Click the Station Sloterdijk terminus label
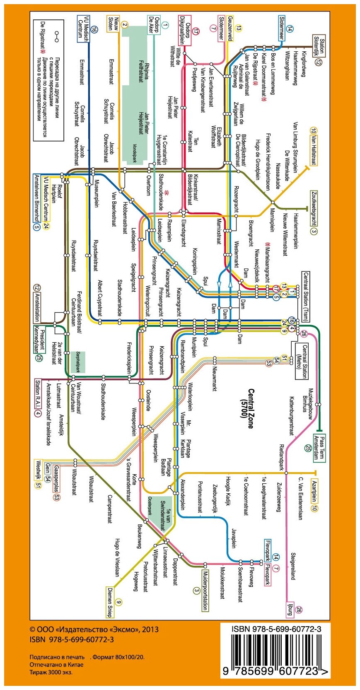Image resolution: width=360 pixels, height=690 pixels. [x=319, y=45]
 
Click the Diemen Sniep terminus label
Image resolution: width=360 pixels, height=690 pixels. [x=110, y=603]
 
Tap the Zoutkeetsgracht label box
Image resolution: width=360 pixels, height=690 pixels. [x=314, y=208]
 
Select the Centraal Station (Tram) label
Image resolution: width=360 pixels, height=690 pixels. [x=305, y=297]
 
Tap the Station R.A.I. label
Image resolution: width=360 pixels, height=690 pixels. [x=38, y=392]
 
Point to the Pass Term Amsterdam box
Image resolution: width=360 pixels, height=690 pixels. [x=319, y=447]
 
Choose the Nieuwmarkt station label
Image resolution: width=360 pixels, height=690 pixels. [x=215, y=379]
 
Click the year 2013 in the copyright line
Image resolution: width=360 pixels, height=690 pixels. [x=150, y=629]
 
